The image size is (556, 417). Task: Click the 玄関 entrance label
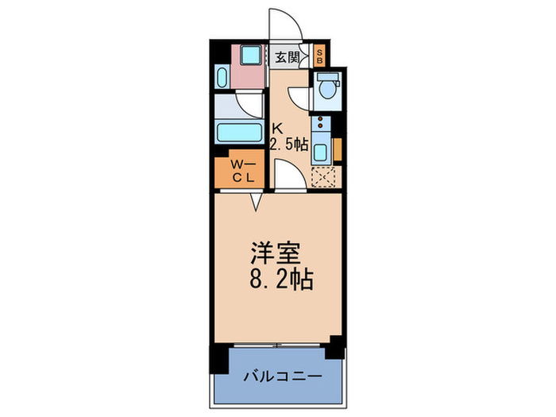tap(287, 56)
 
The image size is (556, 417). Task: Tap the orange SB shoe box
tap(319, 56)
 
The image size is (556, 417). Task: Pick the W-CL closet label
tap(241, 172)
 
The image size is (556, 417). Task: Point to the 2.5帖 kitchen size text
tap(289, 144)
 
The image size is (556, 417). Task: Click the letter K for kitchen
tap(277, 128)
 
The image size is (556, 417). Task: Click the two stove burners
tap(320, 123)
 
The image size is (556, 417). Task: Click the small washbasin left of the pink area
tap(221, 77)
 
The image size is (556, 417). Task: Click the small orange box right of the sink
tap(338, 149)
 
